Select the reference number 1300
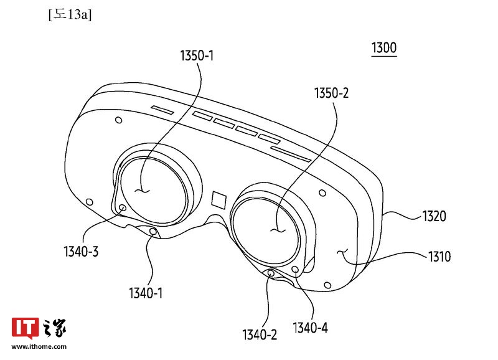coord(383,48)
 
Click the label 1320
coord(433,216)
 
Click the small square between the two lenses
coord(219,199)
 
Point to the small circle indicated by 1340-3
coord(122,208)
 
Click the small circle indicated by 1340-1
coord(154,232)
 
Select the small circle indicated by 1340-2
coord(271,273)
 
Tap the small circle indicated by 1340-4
coord(295,268)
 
